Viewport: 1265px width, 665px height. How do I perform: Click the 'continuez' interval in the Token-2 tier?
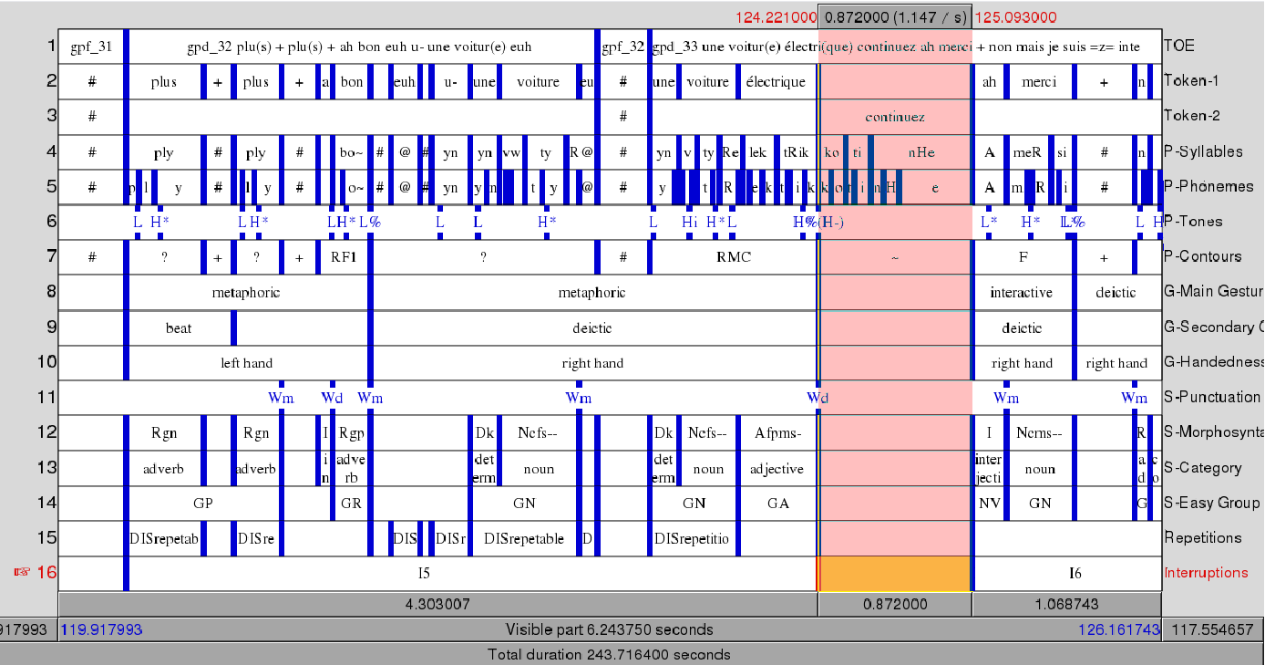(x=895, y=117)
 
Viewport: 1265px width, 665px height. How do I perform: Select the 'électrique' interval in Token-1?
(x=776, y=82)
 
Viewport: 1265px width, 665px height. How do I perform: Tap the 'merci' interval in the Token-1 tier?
(x=1039, y=82)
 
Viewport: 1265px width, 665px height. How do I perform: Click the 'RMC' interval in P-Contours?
(x=734, y=257)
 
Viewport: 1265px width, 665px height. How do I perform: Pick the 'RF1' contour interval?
(x=344, y=257)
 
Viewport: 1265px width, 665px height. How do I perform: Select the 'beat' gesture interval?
(x=179, y=328)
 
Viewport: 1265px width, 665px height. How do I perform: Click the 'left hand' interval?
(x=246, y=363)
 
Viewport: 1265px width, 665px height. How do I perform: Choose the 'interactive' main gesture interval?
(x=1021, y=293)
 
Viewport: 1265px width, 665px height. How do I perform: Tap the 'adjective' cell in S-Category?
(x=776, y=469)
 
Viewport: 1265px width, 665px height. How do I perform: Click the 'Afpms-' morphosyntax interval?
(x=776, y=433)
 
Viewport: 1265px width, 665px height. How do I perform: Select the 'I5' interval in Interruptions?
(x=424, y=574)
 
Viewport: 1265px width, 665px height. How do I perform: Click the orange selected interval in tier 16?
(x=894, y=574)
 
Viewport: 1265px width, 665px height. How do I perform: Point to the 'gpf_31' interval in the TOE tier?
(x=91, y=47)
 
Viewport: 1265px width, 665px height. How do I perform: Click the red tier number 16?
(x=46, y=573)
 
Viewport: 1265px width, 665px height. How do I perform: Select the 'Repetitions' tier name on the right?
(x=1202, y=538)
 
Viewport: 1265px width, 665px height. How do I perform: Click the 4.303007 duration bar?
(x=437, y=605)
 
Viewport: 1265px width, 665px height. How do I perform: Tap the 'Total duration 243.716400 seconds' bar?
(x=609, y=654)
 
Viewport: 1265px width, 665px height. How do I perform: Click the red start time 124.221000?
(x=776, y=17)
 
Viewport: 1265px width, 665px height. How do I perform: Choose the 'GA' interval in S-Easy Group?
(x=777, y=504)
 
